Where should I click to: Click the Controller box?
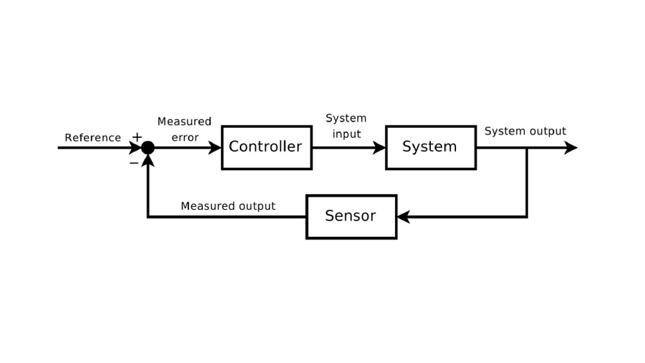pos(266,147)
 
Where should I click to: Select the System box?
pos(430,147)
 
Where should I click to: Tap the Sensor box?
pos(351,217)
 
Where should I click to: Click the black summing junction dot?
pos(147,147)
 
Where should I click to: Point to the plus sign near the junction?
pos(137,137)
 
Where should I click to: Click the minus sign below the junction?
pos(134,163)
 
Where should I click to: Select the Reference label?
pos(93,137)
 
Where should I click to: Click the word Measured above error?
pos(184,121)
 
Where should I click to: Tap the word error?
pos(185,137)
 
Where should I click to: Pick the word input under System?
pos(346,134)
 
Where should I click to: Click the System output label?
pos(525,131)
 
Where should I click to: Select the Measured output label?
pos(228,206)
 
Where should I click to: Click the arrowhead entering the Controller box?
pos(215,147)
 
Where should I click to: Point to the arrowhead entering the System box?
pos(380,147)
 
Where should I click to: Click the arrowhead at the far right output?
pos(571,147)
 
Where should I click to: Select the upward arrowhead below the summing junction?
pos(147,160)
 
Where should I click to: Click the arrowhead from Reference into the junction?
pos(135,147)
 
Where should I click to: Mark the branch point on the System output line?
pos(527,147)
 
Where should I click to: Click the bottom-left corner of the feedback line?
pos(147,217)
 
